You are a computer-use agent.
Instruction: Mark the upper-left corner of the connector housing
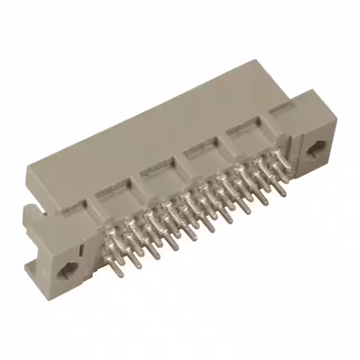[x=28, y=163]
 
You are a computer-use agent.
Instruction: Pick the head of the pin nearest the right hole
[x=277, y=153]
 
